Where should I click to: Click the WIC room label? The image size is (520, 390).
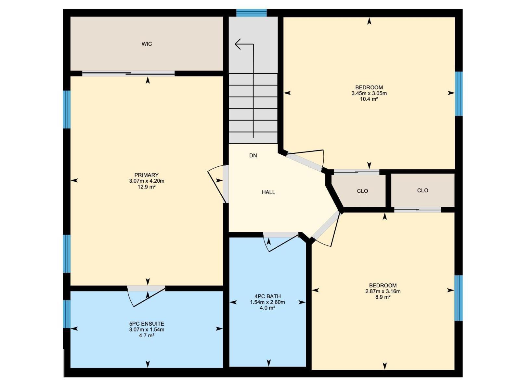point(147,44)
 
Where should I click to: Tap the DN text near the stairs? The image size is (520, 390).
point(253,155)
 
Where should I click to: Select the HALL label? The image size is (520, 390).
point(268,192)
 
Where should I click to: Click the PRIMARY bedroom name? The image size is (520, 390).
point(147,175)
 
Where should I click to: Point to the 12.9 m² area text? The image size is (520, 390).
point(147,187)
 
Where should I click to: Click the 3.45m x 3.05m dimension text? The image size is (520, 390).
point(369,93)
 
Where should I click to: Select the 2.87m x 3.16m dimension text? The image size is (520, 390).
point(383,291)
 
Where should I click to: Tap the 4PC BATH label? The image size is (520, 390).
point(267,296)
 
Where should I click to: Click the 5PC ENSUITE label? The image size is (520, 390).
point(147,324)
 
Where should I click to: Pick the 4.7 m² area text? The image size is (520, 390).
point(147,335)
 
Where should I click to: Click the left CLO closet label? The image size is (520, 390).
point(362,191)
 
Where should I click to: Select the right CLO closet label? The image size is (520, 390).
point(422,190)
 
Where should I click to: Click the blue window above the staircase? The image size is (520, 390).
point(251,13)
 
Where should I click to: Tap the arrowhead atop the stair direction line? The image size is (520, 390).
point(238,44)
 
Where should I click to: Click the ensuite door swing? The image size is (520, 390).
point(146,296)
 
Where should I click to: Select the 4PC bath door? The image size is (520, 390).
point(280,242)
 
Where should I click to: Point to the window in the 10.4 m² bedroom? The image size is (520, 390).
point(458,94)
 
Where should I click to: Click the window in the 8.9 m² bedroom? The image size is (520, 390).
point(458,298)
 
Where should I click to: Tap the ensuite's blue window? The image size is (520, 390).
point(67,314)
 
